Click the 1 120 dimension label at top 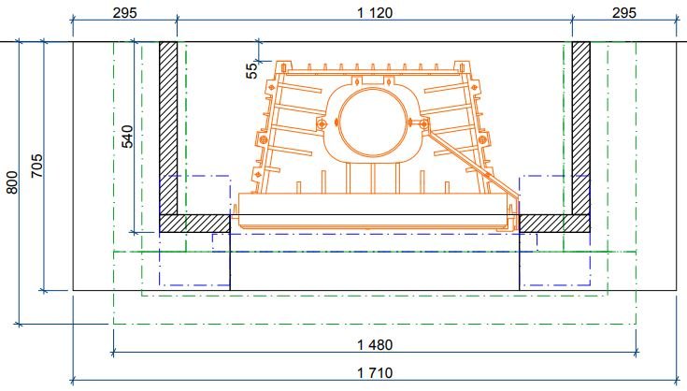click(375, 13)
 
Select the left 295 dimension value click(125, 13)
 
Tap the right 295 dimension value click(624, 13)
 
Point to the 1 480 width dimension click(375, 345)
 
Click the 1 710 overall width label click(375, 373)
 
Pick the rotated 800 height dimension click(12, 182)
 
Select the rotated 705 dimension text click(36, 166)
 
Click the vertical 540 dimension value click(126, 137)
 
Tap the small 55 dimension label click(252, 71)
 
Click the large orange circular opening click(339, 123)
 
